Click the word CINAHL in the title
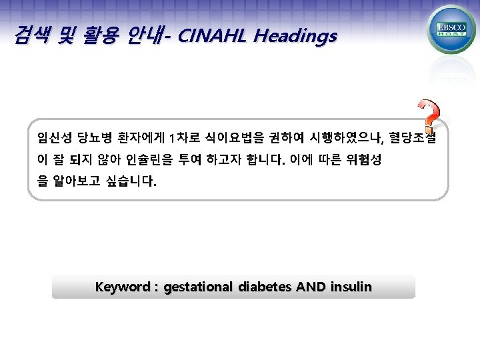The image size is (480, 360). pyautogui.click(x=212, y=36)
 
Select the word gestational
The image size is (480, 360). pyautogui.click(x=199, y=287)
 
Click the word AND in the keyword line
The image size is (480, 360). pyautogui.click(x=311, y=287)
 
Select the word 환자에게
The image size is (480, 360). pyautogui.click(x=140, y=138)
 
